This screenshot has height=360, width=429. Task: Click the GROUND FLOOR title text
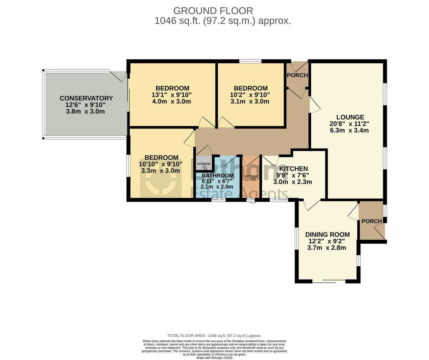(213, 11)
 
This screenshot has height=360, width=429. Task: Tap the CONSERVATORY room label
(86, 98)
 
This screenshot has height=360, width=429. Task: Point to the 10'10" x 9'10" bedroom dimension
(161, 164)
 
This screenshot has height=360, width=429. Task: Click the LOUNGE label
(350, 117)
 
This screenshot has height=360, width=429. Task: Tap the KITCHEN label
(293, 169)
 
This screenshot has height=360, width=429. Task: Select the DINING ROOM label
(327, 235)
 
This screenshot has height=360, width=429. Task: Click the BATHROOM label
(217, 176)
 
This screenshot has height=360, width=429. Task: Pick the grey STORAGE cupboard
(204, 164)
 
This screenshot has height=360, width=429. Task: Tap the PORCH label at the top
(297, 75)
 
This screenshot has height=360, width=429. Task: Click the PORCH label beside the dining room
(371, 221)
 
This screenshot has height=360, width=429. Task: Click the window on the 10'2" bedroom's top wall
(250, 61)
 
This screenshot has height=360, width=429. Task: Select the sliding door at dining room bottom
(329, 281)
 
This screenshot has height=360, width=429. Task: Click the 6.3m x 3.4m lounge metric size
(349, 130)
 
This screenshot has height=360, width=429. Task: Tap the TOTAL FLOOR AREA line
(214, 336)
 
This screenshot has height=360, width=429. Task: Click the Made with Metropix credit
(214, 357)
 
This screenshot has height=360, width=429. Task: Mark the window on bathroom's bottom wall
(218, 200)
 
